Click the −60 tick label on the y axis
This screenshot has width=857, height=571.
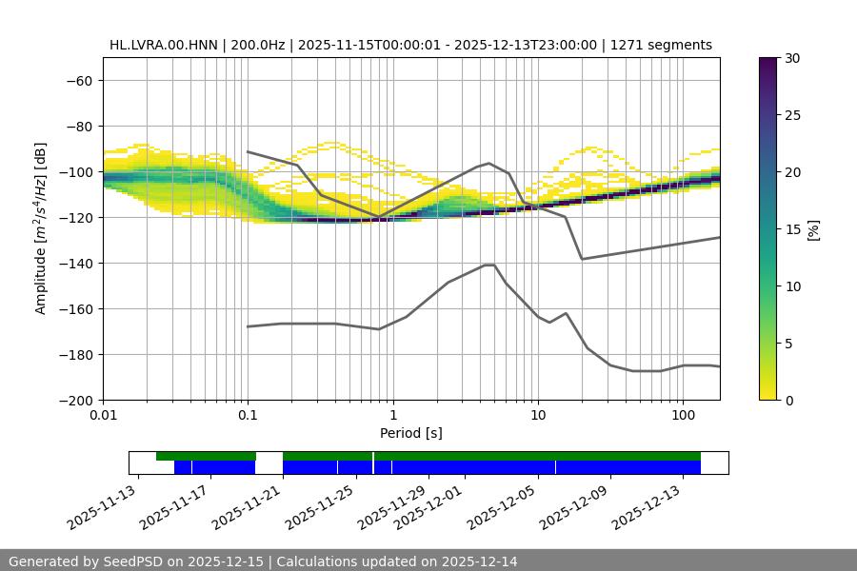click(x=79, y=80)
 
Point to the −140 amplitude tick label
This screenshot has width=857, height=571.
click(x=75, y=263)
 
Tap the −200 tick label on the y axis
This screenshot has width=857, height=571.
click(x=75, y=400)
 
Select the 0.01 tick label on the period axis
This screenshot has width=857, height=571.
click(x=103, y=416)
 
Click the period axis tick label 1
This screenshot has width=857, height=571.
click(x=392, y=416)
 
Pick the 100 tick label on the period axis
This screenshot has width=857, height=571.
click(x=682, y=416)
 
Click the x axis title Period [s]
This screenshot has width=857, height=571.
click(x=410, y=433)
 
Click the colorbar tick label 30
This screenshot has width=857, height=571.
click(x=792, y=58)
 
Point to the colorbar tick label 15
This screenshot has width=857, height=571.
click(x=792, y=229)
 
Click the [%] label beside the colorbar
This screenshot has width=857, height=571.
click(x=812, y=229)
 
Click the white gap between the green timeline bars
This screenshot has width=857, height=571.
click(x=269, y=457)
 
